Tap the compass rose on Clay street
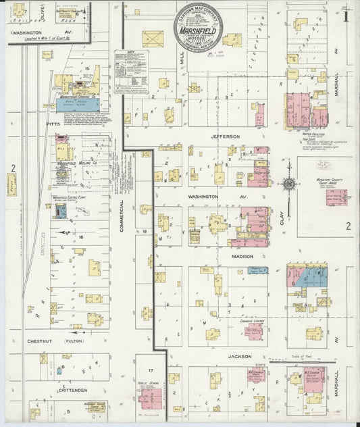[288, 183]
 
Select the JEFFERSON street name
[225, 136]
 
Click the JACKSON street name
[239, 356]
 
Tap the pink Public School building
[149, 399]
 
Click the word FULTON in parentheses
[74, 342]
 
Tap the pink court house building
[336, 197]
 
